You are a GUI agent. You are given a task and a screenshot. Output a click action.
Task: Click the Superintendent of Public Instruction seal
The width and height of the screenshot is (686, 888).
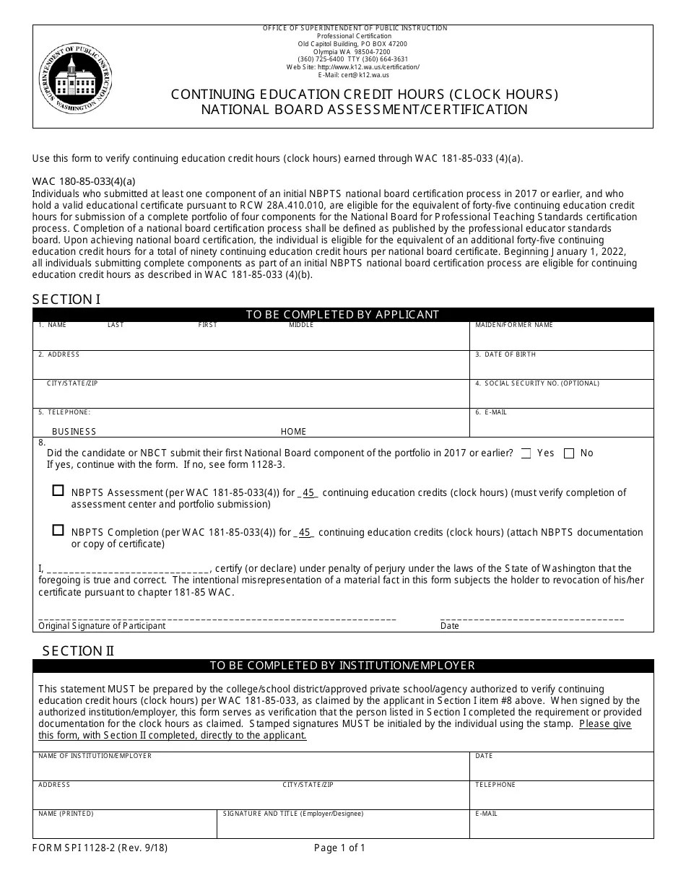coord(76,77)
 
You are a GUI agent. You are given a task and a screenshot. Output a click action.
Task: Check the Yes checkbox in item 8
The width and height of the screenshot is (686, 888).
coord(526,453)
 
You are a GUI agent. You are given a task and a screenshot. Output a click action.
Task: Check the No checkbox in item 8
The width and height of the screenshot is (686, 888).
coord(569,453)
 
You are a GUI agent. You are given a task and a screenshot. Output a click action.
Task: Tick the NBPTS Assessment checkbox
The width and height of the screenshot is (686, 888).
coord(58,490)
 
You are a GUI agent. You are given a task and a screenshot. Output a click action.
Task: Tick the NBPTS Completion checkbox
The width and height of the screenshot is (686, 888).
coord(58,530)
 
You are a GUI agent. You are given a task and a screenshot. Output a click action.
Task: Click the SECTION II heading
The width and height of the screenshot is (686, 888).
coord(78,650)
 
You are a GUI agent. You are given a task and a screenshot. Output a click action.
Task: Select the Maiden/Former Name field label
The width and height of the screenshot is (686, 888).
coord(513,326)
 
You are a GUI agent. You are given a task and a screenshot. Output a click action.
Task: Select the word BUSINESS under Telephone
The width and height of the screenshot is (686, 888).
coord(74,432)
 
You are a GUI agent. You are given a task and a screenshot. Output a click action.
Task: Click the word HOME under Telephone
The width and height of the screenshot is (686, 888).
coord(293,432)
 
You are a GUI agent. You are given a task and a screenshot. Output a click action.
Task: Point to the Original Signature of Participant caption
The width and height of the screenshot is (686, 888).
coord(102,626)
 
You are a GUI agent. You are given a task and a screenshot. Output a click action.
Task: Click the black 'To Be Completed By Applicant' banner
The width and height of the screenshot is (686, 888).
coord(342,315)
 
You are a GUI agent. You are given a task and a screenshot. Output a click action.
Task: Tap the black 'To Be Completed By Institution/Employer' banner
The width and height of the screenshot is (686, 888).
coord(342,666)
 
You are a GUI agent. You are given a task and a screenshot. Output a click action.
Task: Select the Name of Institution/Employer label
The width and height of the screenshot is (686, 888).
coord(95,756)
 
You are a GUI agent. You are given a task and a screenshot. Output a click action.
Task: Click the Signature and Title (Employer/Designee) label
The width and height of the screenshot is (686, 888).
coord(293,814)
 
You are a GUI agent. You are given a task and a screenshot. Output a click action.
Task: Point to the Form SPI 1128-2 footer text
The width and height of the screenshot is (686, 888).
coord(100,848)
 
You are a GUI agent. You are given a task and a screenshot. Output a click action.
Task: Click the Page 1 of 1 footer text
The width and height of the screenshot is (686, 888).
coord(339,848)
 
